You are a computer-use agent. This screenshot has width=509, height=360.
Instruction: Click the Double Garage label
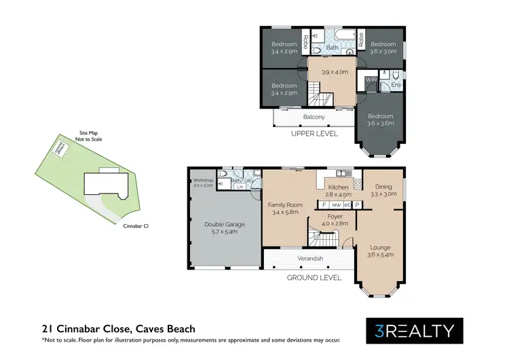coord(224,224)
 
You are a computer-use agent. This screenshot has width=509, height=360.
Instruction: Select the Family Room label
coord(285,204)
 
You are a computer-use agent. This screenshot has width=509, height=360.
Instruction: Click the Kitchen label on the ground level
coord(338,187)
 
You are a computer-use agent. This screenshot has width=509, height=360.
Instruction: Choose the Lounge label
coord(380,247)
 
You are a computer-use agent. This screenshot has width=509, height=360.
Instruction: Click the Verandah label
coord(308,259)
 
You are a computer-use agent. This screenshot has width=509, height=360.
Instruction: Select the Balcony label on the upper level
coord(314,117)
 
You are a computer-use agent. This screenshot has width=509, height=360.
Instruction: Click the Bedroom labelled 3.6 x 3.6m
coord(380,116)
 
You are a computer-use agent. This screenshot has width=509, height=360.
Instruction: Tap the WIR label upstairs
coord(370,79)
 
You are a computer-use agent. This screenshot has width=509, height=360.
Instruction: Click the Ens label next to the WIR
coord(395,85)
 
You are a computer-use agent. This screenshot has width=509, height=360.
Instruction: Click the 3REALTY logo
coord(415,331)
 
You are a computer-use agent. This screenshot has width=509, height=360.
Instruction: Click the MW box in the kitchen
coord(336,204)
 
